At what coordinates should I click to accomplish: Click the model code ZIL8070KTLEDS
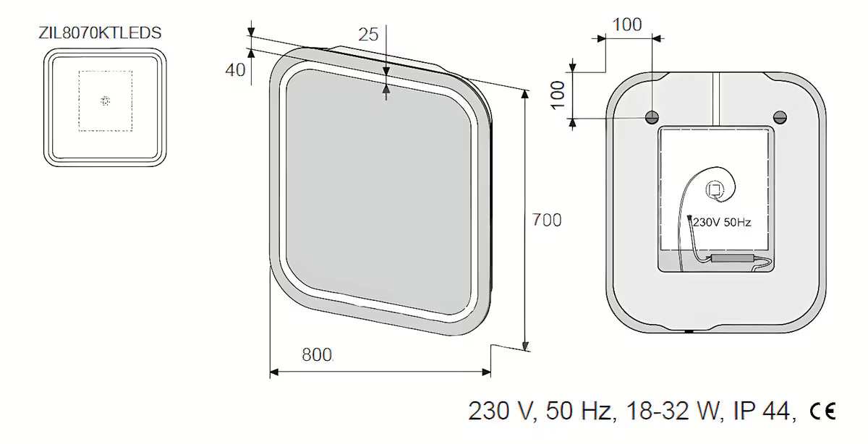click(x=100, y=33)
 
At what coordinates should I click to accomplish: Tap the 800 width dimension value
click(x=317, y=355)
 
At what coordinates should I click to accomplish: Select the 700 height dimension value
click(x=546, y=220)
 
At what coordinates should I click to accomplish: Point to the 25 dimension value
click(x=368, y=35)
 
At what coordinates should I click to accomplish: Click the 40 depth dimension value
click(x=235, y=70)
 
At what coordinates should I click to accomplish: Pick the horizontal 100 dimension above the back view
click(x=627, y=25)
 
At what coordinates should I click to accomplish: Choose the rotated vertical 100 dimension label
click(x=558, y=95)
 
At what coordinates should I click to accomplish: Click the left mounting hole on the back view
click(x=652, y=117)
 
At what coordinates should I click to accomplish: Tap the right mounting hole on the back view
click(x=780, y=117)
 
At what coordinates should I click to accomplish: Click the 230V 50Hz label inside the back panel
click(x=722, y=223)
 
